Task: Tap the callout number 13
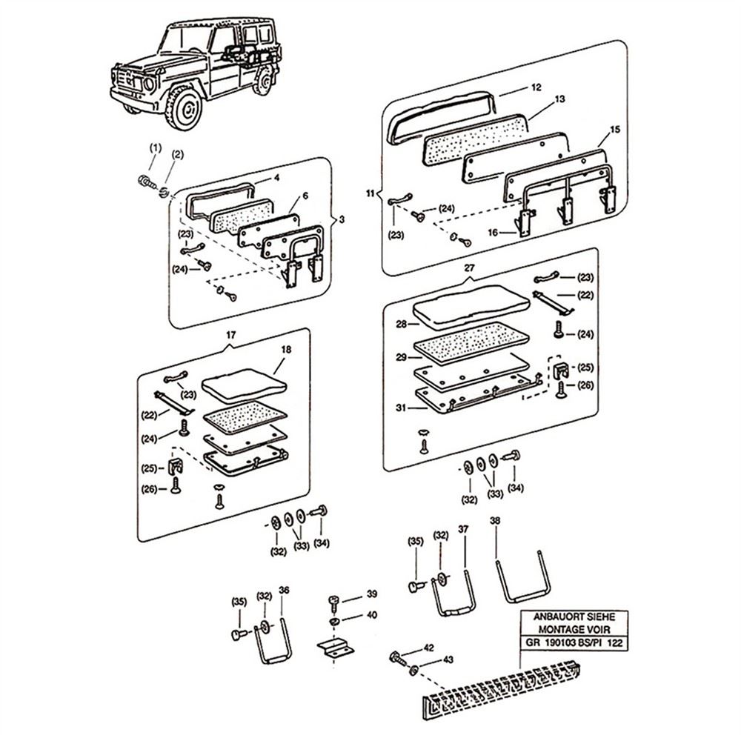[560, 99]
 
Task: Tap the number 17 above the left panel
[231, 336]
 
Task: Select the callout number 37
[464, 529]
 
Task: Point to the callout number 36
[284, 590]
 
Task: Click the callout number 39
[372, 594]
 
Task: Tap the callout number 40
[372, 614]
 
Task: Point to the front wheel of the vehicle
[181, 108]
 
